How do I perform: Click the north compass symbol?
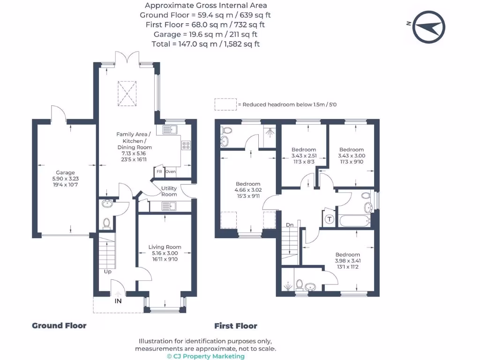[x=428, y=27]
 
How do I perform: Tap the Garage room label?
[x=65, y=172]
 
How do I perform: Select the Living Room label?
[x=165, y=247]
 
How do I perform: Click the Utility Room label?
[x=169, y=191]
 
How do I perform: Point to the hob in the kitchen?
[x=186, y=145]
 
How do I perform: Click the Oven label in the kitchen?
[x=171, y=172]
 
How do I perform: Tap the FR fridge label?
[x=159, y=172]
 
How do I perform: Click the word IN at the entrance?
[x=118, y=301]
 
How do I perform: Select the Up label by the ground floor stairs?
[x=108, y=271]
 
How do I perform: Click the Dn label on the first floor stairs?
[x=290, y=225]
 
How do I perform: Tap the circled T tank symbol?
[x=330, y=219]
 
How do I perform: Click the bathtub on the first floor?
[x=355, y=221]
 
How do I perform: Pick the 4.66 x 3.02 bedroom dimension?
[x=248, y=190]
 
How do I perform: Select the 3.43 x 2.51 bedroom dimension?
[x=304, y=156]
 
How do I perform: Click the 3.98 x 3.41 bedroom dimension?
[x=348, y=261]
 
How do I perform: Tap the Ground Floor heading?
[x=59, y=326]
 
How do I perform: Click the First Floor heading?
[x=236, y=326]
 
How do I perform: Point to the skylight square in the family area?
[x=127, y=93]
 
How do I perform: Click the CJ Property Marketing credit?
[x=206, y=356]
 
